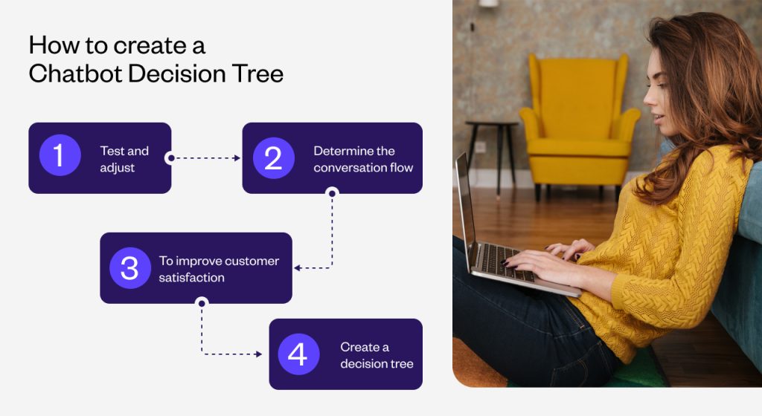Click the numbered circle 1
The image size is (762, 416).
[x=60, y=155]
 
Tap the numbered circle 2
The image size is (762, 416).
[x=274, y=158]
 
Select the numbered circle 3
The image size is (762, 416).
[x=130, y=268]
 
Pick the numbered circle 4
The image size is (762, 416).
[x=298, y=354]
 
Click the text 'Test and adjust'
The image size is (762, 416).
[x=124, y=159]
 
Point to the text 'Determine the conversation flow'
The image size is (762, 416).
[x=363, y=159]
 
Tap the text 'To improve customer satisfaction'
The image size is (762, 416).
[x=219, y=269]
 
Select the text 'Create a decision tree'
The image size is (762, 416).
[x=377, y=355]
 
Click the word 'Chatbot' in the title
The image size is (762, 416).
[x=76, y=74]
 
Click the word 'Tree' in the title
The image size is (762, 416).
[x=257, y=74]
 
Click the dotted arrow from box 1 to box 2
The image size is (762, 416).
[x=205, y=158]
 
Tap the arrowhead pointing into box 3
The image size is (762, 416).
[x=297, y=267]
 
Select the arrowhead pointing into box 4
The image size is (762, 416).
[x=258, y=354]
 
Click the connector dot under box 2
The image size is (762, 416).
[x=332, y=193]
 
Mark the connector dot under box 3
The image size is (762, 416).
[x=202, y=303]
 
